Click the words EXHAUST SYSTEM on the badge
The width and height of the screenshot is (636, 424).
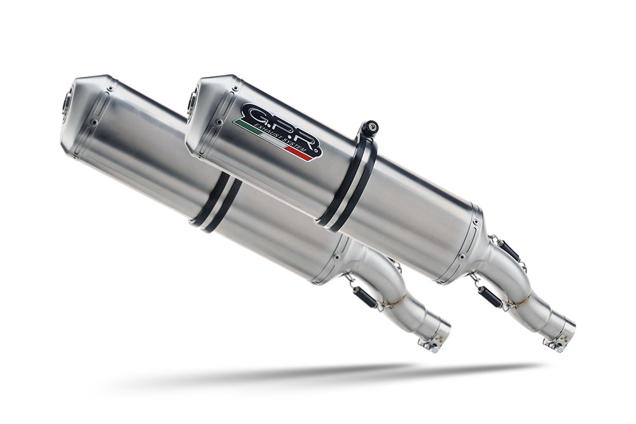point(286,138)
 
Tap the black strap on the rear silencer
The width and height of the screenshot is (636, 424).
point(217,201)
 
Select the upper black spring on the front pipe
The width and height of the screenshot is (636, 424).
point(509,251)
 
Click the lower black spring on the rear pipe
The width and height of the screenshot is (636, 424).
point(365,297)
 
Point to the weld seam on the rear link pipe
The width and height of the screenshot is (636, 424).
point(397,299)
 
